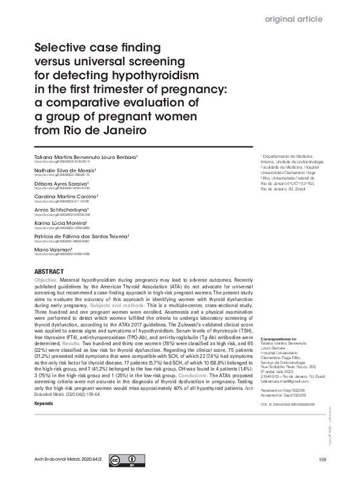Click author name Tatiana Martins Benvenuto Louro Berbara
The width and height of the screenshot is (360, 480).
click(87, 157)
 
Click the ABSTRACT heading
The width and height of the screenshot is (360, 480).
click(50, 271)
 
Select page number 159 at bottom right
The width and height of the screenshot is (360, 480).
click(321, 461)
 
